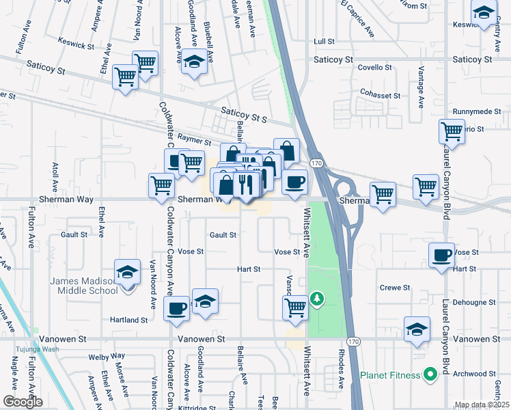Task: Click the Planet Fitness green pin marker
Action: tap(430, 374)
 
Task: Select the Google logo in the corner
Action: tap(23, 401)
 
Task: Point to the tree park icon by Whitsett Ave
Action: tap(316, 299)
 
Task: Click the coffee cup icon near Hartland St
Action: tap(177, 308)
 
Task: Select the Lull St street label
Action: tap(323, 42)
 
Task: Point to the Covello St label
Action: tap(375, 68)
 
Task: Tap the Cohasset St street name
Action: tap(380, 96)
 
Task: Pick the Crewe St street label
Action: tap(394, 288)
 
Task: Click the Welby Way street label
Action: tap(111, 356)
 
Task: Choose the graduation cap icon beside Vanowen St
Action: tap(416, 329)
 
